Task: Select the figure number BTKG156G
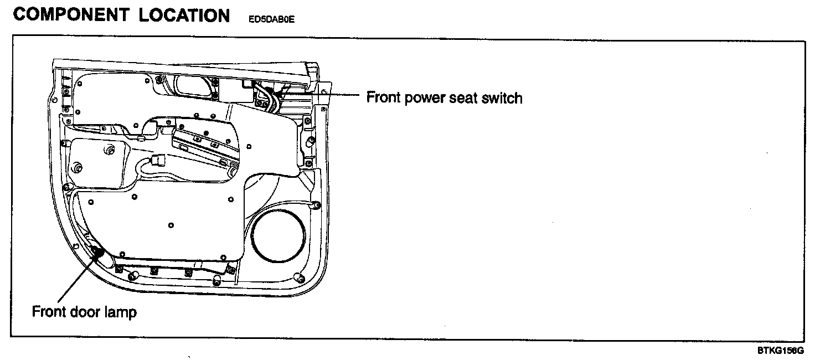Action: tap(781, 351)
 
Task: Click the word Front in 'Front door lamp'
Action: tap(49, 312)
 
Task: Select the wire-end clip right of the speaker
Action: tap(316, 205)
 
